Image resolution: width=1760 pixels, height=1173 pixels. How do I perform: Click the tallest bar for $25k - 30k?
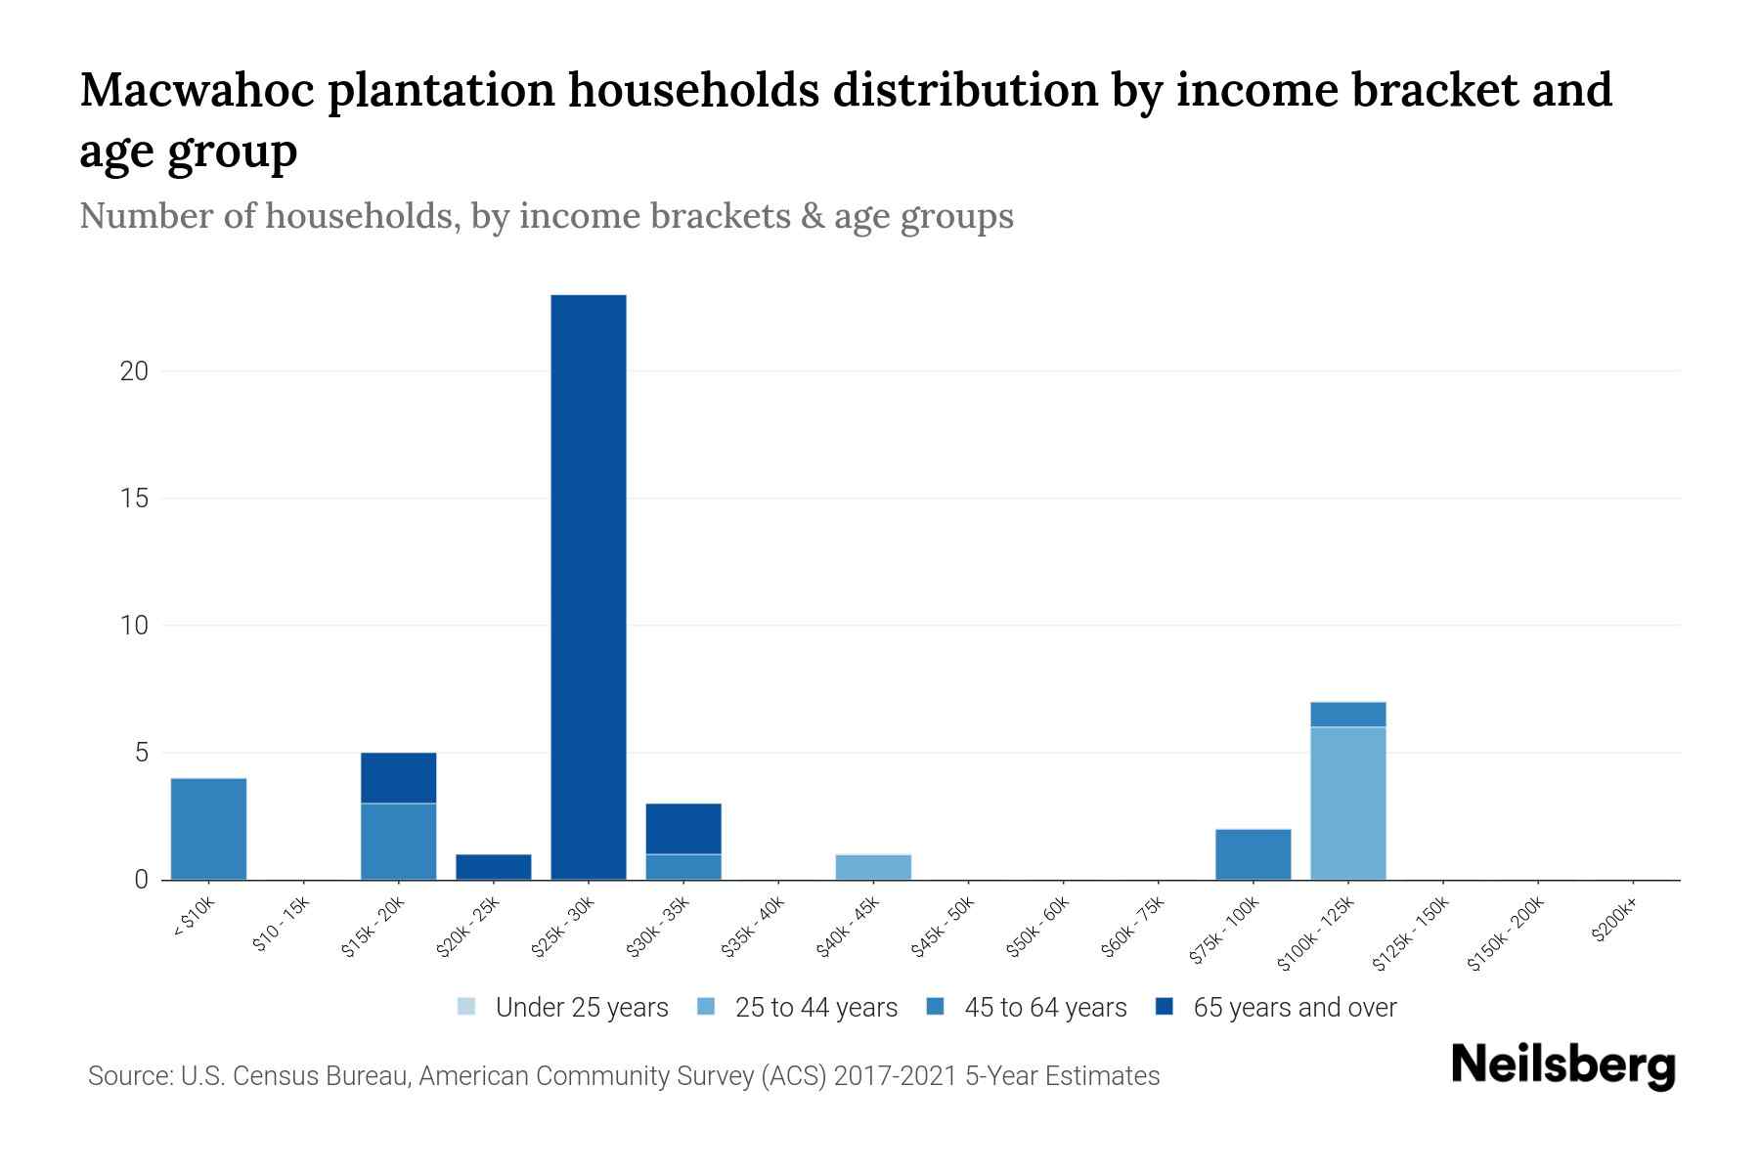pos(589,586)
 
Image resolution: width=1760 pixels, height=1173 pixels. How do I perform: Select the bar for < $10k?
pos(208,829)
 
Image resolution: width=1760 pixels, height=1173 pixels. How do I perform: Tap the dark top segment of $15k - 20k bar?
pos(399,778)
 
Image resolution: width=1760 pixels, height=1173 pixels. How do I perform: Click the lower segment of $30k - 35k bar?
pos(683,867)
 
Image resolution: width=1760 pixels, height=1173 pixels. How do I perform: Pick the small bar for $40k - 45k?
pos(873,867)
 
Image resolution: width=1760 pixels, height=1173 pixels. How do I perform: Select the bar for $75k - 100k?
pos(1253,854)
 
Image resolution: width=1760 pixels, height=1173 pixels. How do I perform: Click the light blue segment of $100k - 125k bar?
pos(1347,804)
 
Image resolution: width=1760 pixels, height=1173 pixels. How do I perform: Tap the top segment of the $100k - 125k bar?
pos(1347,715)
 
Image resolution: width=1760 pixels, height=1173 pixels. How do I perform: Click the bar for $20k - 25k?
pos(494,867)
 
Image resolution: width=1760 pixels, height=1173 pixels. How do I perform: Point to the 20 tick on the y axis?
pos(135,371)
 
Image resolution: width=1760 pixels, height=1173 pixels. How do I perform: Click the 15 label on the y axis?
pos(135,499)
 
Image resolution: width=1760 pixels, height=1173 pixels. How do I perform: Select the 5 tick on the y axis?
pos(142,753)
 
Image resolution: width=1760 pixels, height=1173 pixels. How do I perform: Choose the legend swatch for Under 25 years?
pos(467,1007)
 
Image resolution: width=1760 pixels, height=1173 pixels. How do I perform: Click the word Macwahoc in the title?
pos(197,90)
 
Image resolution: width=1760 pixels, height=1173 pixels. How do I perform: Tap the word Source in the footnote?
pos(127,1076)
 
